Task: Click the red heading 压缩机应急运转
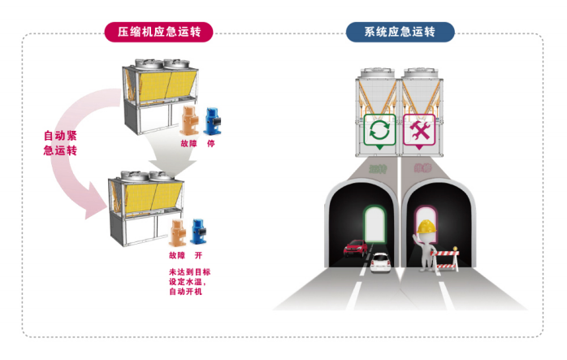tap(158, 32)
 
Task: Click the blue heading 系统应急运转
tap(400, 32)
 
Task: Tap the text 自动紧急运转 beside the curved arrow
tap(60, 143)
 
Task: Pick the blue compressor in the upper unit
tap(215, 122)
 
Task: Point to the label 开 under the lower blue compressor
tap(197, 254)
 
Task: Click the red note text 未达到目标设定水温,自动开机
tap(188, 281)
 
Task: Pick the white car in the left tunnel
tap(379, 262)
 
